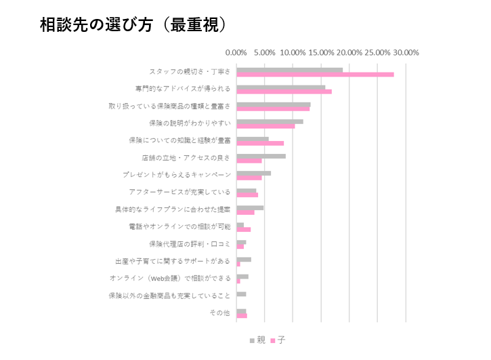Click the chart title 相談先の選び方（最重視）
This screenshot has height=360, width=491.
click(x=133, y=24)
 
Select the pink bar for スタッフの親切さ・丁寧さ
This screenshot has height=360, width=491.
click(x=315, y=75)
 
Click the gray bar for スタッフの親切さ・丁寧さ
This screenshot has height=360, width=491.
click(x=289, y=69)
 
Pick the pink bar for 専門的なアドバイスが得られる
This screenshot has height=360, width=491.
click(x=284, y=92)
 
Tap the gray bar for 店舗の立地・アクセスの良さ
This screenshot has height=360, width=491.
click(x=261, y=156)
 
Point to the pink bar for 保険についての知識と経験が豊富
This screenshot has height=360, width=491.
click(x=260, y=143)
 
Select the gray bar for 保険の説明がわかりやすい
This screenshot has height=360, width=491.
click(x=270, y=121)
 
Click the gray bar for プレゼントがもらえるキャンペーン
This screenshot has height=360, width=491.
click(x=253, y=173)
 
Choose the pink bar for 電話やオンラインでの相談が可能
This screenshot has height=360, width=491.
click(x=243, y=229)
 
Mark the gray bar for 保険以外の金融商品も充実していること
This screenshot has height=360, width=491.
click(x=241, y=294)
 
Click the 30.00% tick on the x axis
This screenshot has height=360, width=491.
click(x=406, y=53)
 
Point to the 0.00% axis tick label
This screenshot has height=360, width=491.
click(x=236, y=53)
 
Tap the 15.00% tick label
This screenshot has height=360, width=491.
click(x=321, y=53)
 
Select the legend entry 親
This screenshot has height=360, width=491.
click(x=257, y=340)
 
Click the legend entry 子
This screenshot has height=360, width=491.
click(x=278, y=340)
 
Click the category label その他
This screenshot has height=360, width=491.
click(x=219, y=313)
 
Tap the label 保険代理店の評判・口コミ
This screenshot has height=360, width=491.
click(x=190, y=244)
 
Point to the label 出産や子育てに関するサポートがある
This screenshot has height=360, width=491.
click(x=173, y=261)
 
